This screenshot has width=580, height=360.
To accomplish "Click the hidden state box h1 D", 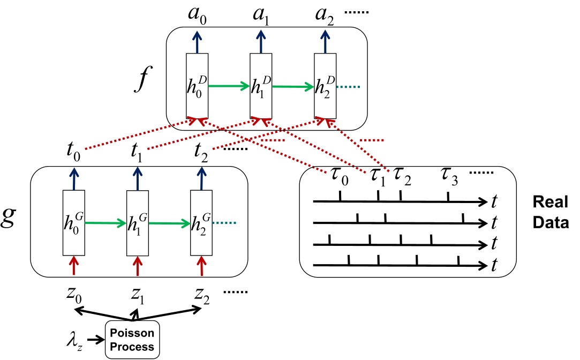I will click(x=261, y=86).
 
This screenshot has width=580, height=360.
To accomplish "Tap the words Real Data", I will click(x=550, y=212).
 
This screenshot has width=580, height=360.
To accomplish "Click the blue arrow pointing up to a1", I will click(x=261, y=41).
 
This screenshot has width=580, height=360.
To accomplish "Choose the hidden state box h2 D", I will click(x=325, y=86).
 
